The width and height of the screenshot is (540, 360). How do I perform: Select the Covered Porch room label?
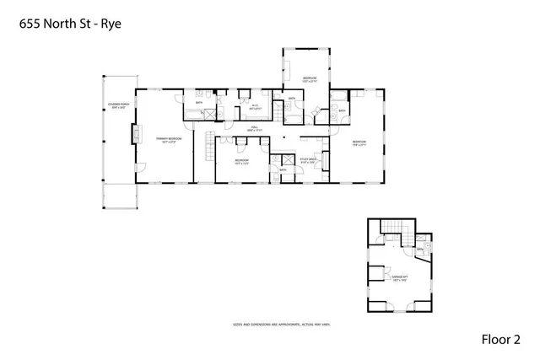[116, 106]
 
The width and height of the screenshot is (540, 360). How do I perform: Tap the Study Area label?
[307, 159]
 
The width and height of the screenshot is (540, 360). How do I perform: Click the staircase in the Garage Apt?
[393, 227]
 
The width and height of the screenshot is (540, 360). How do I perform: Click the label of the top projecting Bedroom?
[310, 79]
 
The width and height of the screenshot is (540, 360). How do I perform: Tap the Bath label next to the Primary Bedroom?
[199, 103]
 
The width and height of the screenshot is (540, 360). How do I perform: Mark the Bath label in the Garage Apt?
[419, 250]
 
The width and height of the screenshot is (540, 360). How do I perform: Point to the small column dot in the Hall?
[285, 137]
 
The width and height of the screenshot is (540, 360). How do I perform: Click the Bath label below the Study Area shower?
[283, 169]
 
